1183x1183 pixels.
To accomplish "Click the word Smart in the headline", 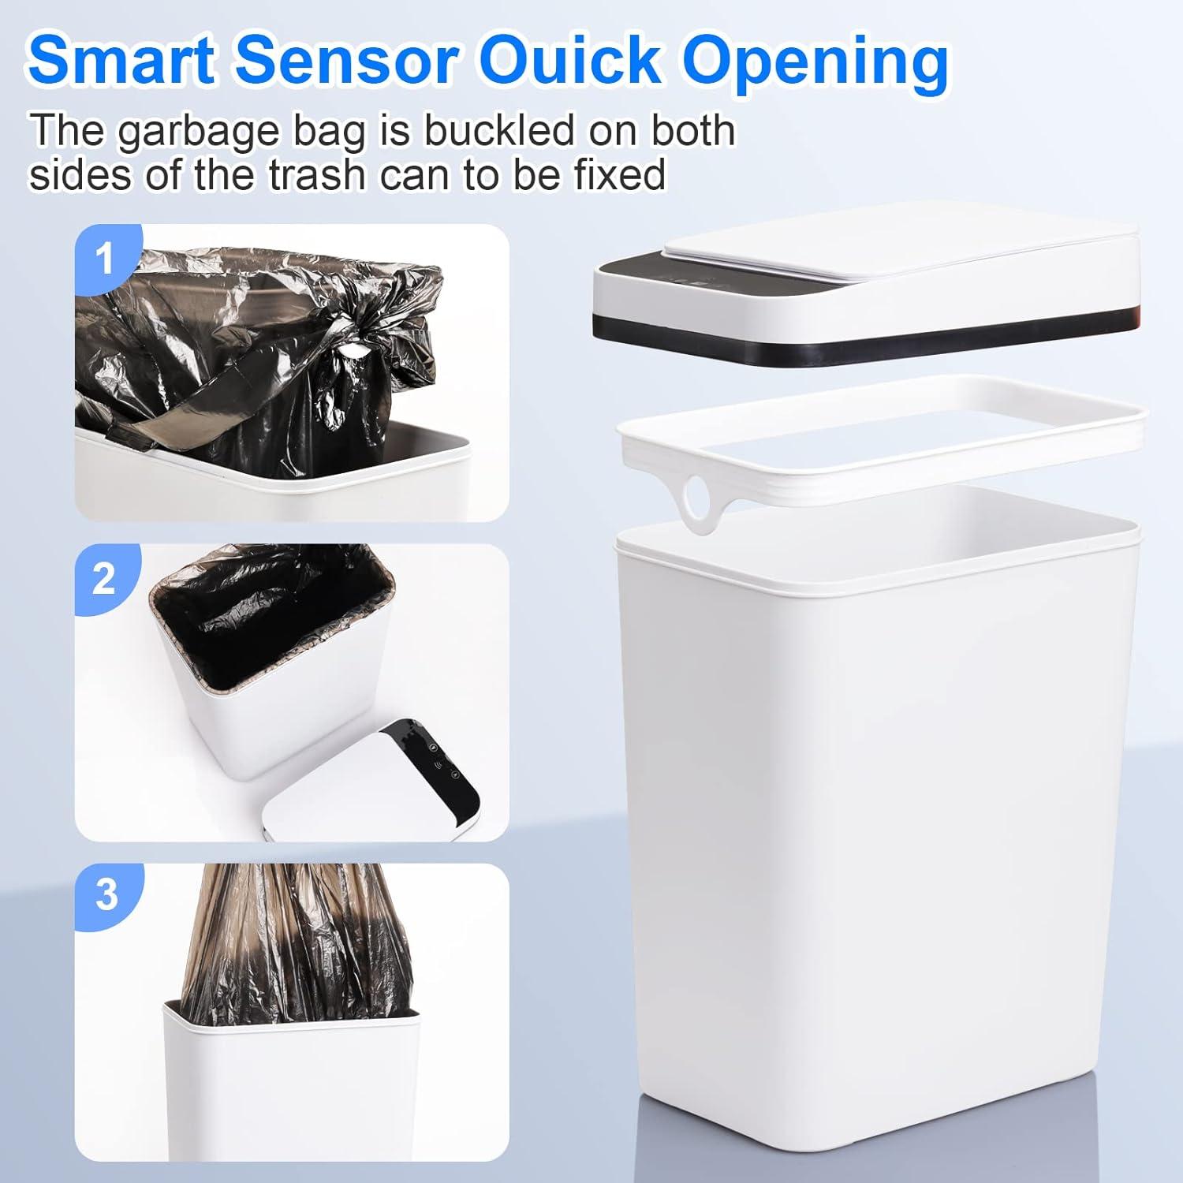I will click(x=122, y=59).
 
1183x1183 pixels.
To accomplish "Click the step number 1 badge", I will click(x=105, y=259).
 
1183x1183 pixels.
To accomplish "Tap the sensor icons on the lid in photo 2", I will click(x=435, y=761).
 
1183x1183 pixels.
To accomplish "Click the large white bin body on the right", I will click(x=875, y=789).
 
